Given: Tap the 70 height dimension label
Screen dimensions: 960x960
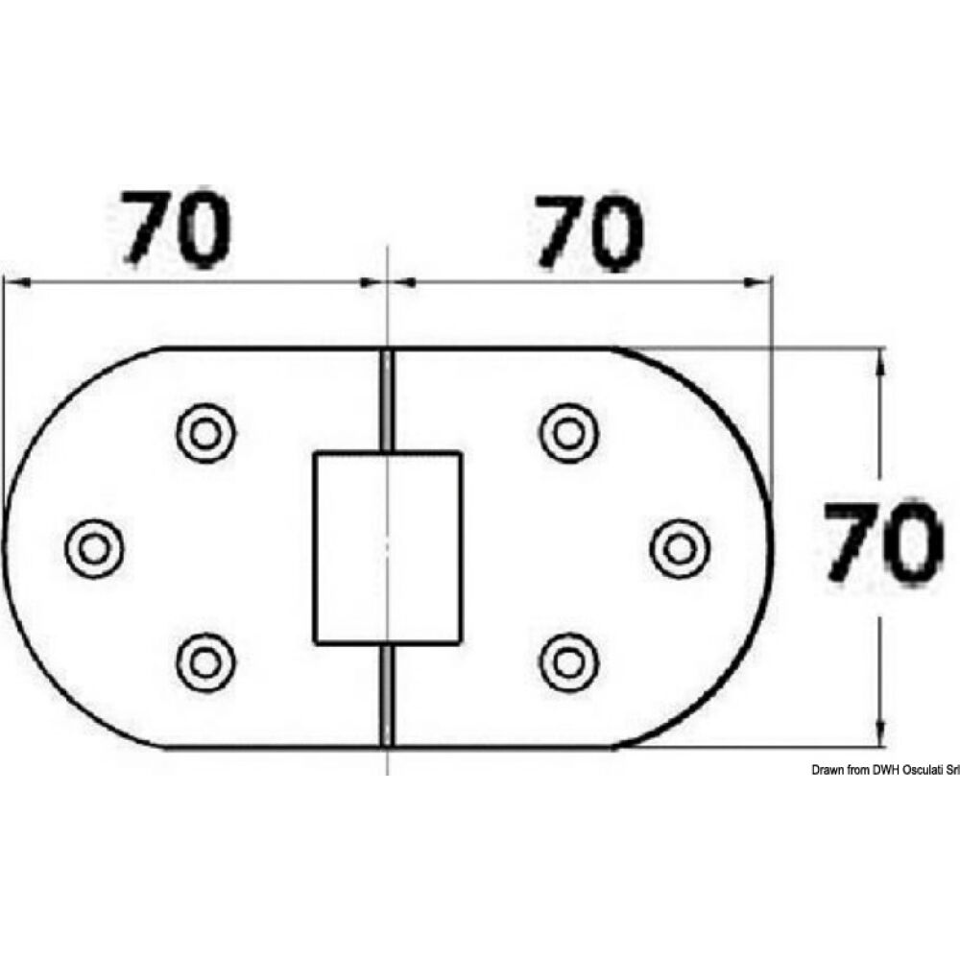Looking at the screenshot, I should click(879, 543).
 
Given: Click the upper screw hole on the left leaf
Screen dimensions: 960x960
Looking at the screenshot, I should click(205, 432).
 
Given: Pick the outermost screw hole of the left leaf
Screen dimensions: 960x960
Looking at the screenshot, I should click(94, 547).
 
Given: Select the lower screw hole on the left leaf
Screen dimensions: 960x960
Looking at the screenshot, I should click(205, 660).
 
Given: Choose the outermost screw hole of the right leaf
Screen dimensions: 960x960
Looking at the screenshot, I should click(680, 547).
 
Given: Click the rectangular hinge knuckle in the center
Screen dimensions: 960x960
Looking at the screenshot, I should click(387, 546).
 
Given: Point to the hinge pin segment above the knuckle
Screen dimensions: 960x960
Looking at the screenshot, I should click(387, 398).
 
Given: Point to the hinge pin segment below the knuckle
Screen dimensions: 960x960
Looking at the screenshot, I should click(387, 693).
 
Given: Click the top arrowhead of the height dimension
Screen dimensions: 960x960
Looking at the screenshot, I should click(879, 359).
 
